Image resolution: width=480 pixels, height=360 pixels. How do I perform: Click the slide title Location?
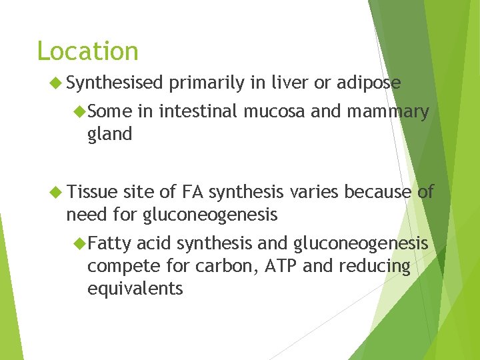tap(87, 51)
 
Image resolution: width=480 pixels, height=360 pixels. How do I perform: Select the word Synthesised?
tap(115, 83)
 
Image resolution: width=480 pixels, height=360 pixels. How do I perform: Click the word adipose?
tap(368, 83)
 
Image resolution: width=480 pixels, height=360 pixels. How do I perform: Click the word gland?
tap(109, 135)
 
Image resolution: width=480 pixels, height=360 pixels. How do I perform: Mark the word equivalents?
tap(135, 289)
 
